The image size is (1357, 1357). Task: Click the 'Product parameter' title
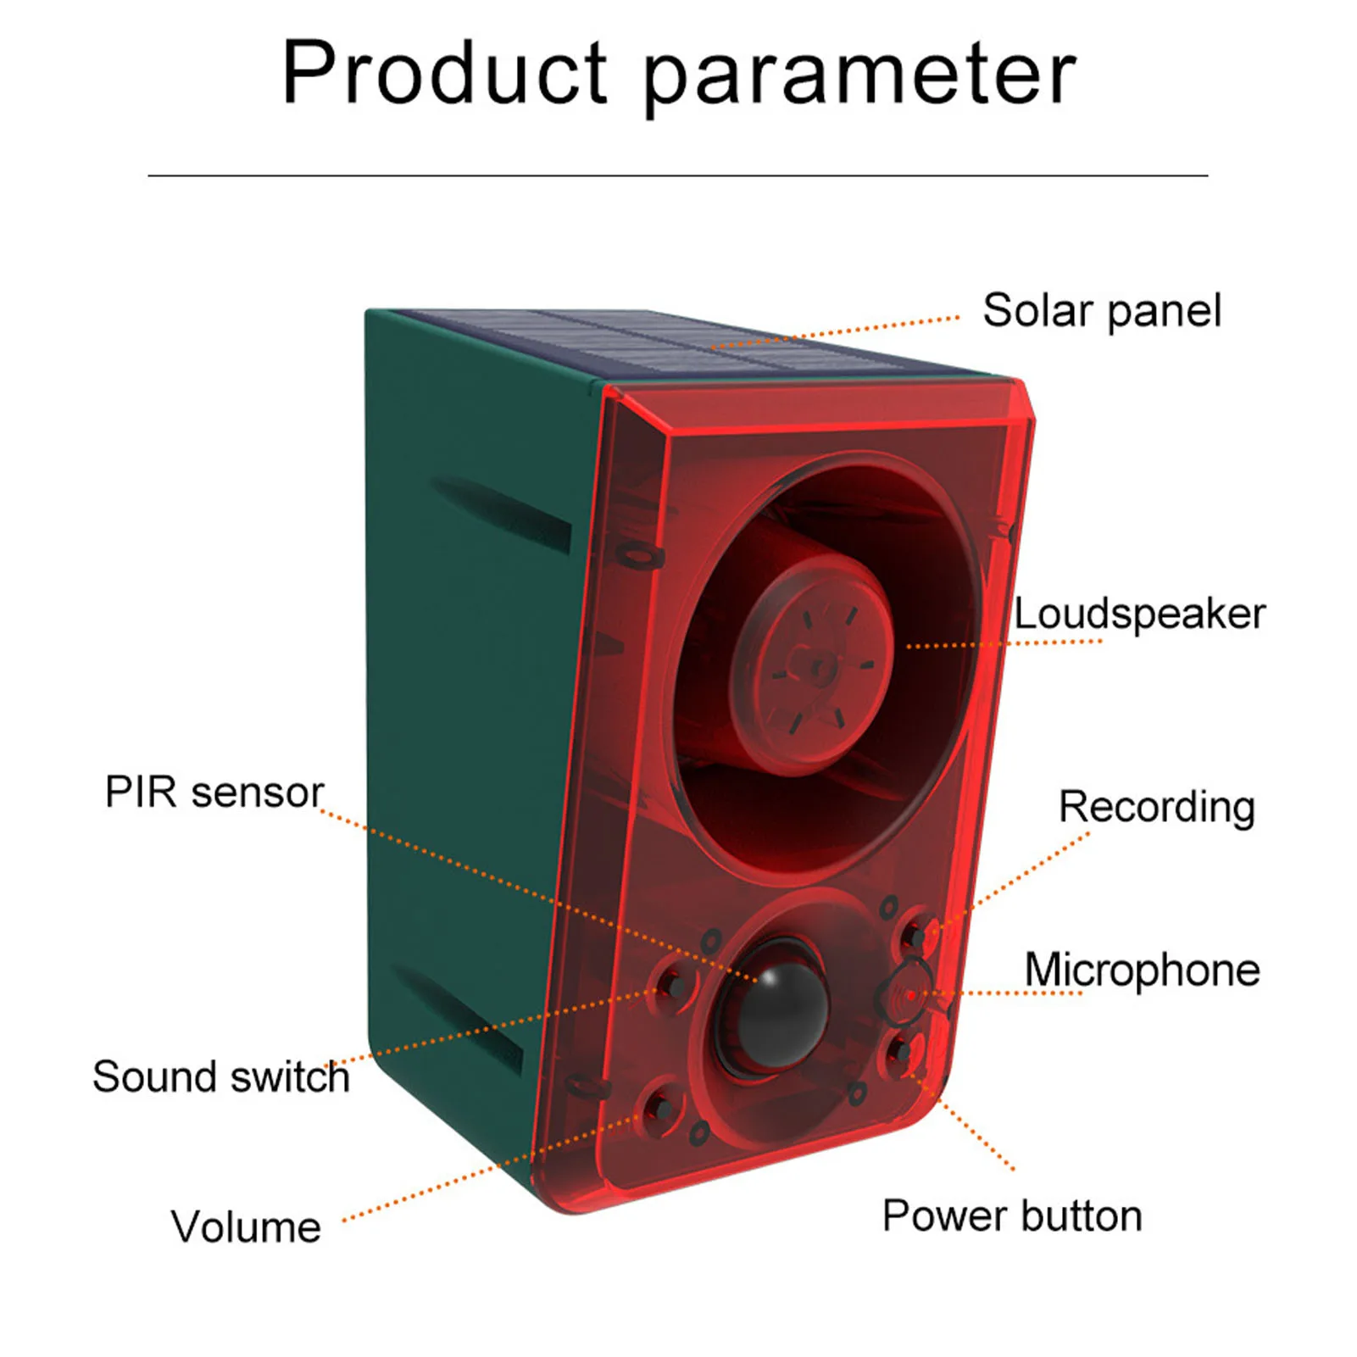tap(678, 75)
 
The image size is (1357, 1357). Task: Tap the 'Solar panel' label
tap(1101, 311)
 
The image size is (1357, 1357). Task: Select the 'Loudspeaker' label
tap(1139, 614)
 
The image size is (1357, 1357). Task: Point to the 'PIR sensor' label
tap(214, 793)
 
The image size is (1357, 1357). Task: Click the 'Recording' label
tap(1156, 807)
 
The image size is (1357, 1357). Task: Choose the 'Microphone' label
tap(1142, 970)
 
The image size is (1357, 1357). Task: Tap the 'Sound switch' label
tap(221, 1077)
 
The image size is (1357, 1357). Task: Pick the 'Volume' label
tap(246, 1226)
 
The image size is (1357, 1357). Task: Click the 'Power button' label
tap(1012, 1215)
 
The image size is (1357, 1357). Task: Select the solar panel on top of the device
tap(678, 343)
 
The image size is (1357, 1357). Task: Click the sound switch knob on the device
tap(674, 986)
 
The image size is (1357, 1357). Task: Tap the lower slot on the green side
tap(462, 1017)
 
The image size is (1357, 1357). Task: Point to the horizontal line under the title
tap(678, 175)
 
